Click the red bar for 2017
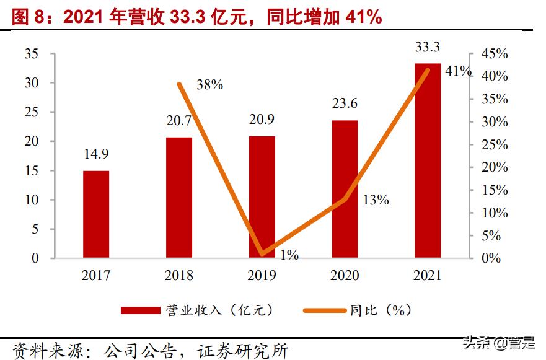pos(96,214)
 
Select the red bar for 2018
pos(179,197)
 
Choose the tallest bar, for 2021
pos(428,160)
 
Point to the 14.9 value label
pos(96,154)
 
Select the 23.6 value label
pos(345,103)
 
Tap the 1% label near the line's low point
pos(289,254)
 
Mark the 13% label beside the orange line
pos(376,200)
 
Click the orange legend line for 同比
pos(324,310)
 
